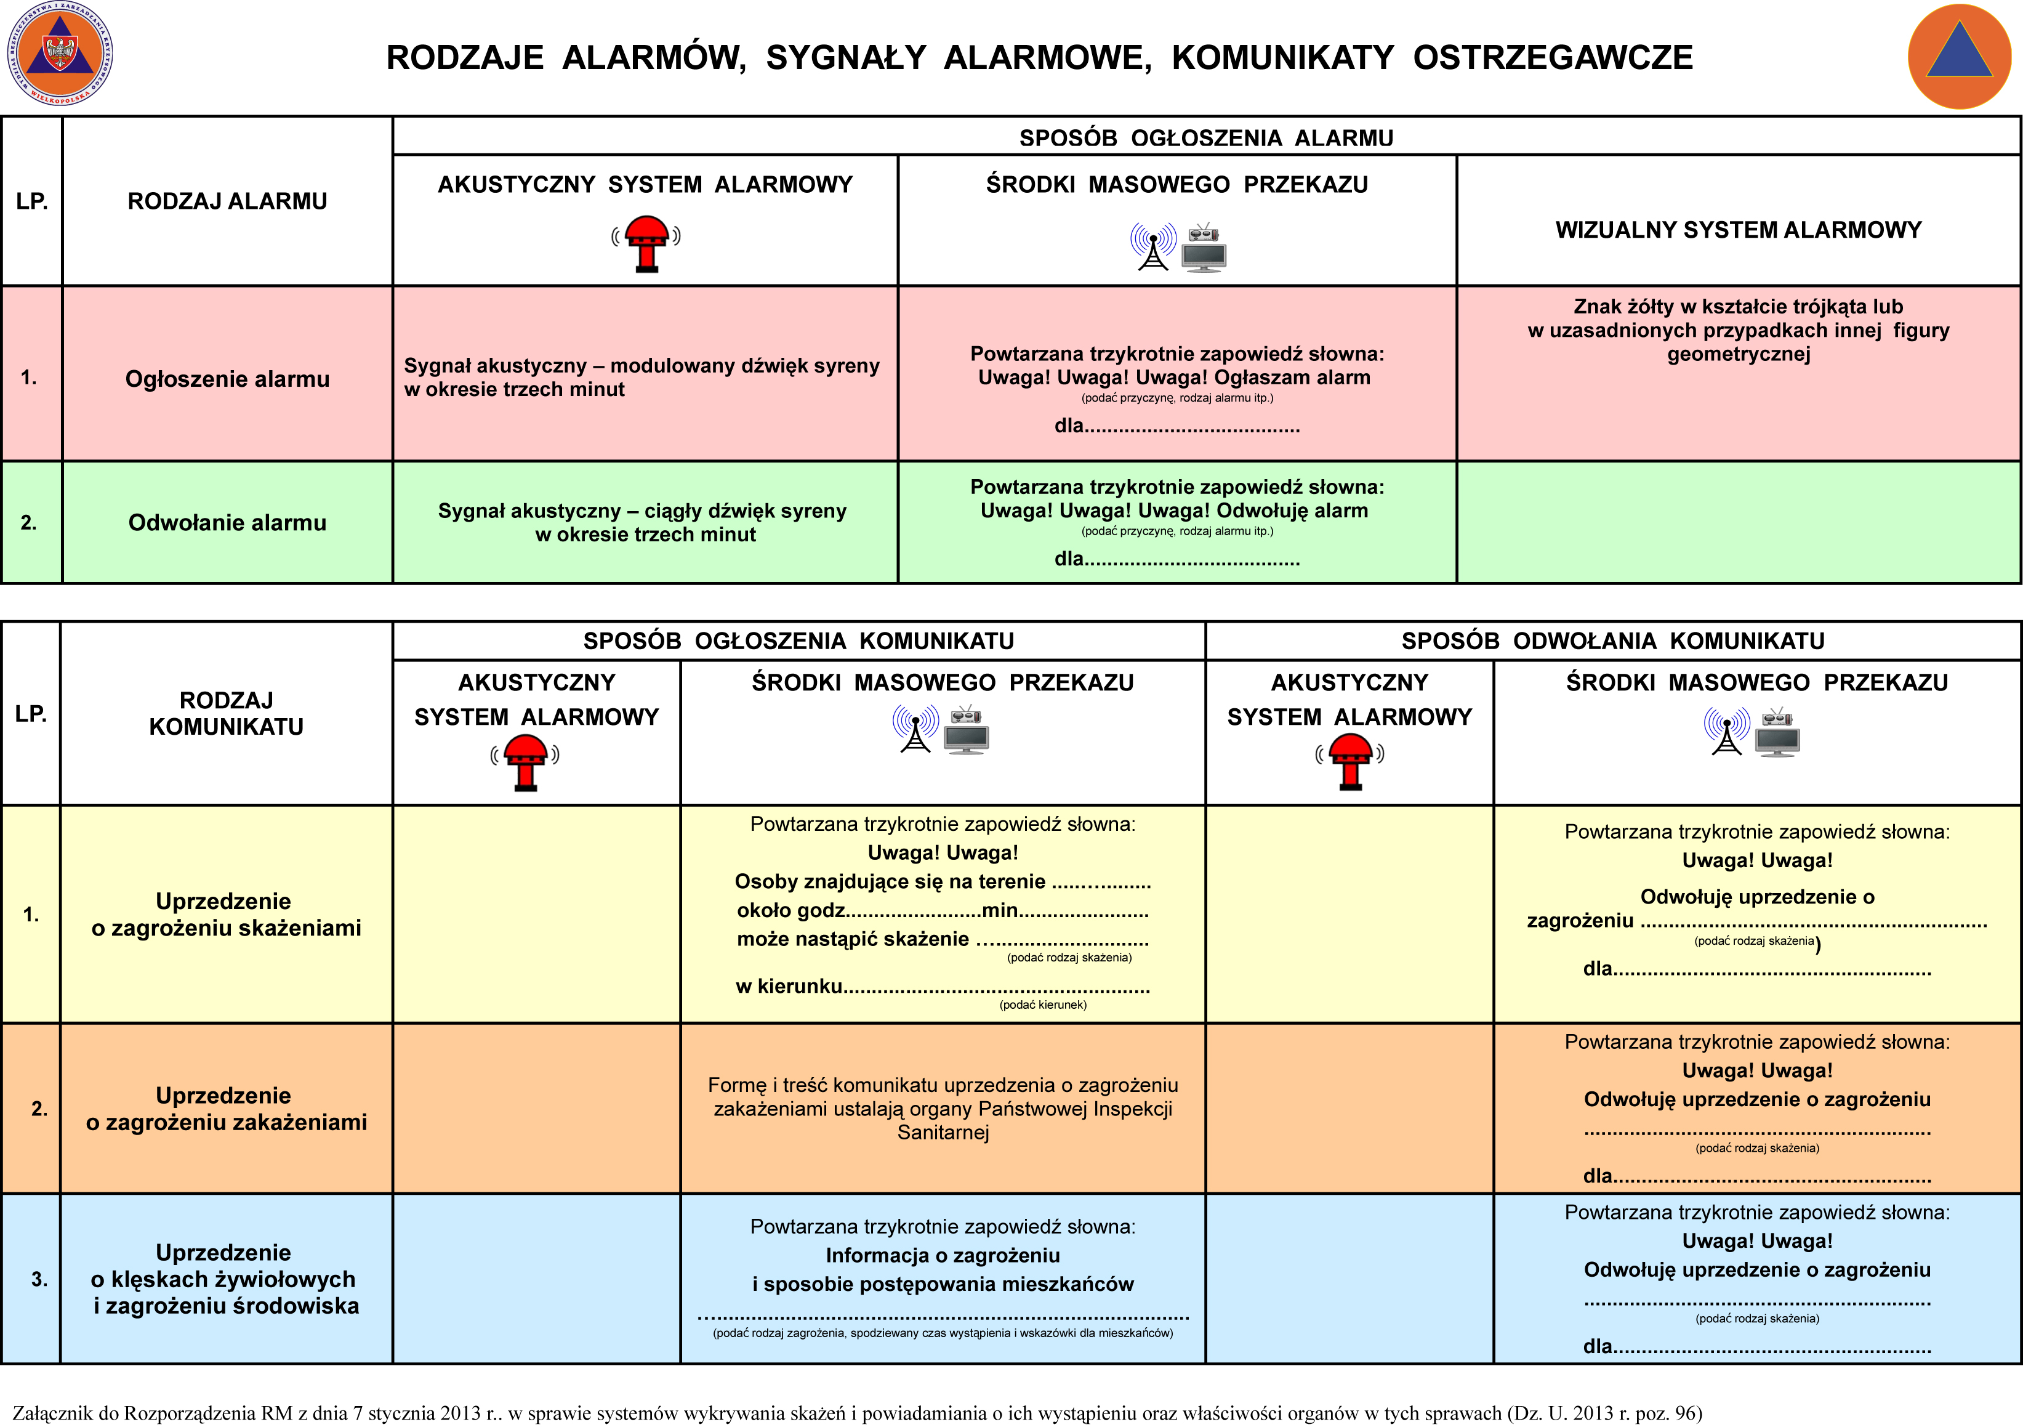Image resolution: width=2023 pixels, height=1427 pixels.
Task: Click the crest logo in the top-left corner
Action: [x=60, y=55]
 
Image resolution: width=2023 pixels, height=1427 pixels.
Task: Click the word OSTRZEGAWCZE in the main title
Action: [x=1553, y=57]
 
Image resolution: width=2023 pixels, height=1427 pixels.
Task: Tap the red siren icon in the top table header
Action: [x=646, y=243]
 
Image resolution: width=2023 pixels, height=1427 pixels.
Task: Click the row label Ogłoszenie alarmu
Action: [x=227, y=379]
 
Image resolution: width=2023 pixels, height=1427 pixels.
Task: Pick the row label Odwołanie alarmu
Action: [x=227, y=523]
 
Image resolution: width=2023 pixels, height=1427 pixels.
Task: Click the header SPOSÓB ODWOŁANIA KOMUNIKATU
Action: [x=1612, y=641]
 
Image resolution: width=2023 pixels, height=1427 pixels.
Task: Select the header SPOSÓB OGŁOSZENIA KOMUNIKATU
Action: [x=798, y=641]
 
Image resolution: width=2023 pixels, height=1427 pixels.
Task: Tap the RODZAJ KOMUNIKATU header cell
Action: [x=227, y=713]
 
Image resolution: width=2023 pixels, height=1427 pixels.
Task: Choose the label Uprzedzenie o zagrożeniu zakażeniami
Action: [x=225, y=1109]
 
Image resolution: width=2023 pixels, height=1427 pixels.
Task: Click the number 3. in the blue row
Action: [x=39, y=1279]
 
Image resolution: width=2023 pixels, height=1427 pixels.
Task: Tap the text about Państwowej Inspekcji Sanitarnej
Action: [x=943, y=1109]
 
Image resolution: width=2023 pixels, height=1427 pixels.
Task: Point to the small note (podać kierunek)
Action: [x=1042, y=1005]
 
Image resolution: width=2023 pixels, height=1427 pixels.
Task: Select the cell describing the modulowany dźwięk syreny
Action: [x=641, y=378]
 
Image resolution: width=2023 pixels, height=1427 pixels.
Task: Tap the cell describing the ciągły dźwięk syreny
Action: [x=642, y=523]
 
